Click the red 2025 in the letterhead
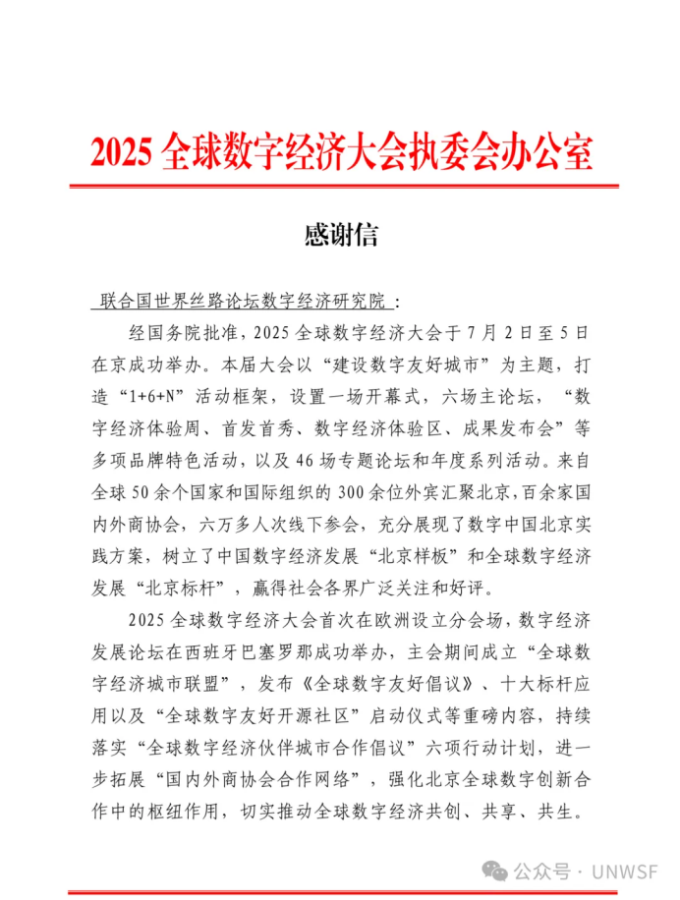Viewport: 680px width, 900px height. click(x=122, y=152)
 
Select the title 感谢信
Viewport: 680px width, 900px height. click(x=341, y=235)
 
